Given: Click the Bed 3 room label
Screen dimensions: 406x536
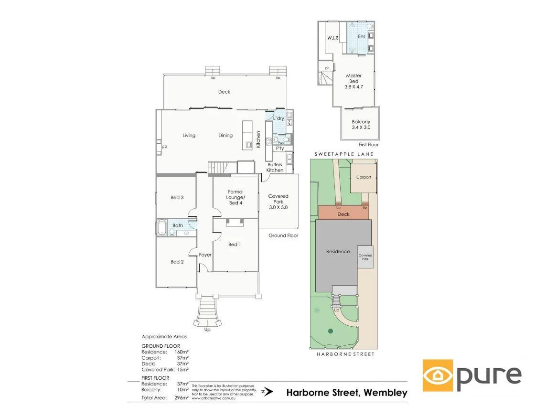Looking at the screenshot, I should point(177,197).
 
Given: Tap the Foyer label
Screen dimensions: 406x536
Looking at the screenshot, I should point(205,255).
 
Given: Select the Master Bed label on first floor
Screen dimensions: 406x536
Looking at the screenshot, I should point(354,81).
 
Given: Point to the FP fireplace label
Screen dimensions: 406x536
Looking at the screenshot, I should point(164,148).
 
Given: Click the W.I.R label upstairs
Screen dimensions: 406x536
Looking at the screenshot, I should point(333,37).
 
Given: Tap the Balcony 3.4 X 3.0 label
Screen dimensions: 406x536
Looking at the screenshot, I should point(361,125).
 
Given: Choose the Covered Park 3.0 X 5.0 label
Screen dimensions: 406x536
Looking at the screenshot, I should point(278,202).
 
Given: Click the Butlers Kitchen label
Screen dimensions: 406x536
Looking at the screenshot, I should point(275,167).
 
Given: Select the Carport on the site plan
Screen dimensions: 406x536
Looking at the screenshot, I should point(364,177).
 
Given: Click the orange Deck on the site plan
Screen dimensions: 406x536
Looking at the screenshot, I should point(343,214).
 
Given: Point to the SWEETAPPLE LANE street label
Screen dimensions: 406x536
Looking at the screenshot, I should point(344,154).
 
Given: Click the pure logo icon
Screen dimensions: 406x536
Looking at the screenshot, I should point(438,375).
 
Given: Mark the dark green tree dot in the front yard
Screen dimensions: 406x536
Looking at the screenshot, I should point(330,331).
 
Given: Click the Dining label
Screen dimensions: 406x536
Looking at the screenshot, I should point(225,135).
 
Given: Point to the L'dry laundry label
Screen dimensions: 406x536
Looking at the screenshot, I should point(279,118).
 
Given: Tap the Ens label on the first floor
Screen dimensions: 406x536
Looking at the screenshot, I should point(362,36).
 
